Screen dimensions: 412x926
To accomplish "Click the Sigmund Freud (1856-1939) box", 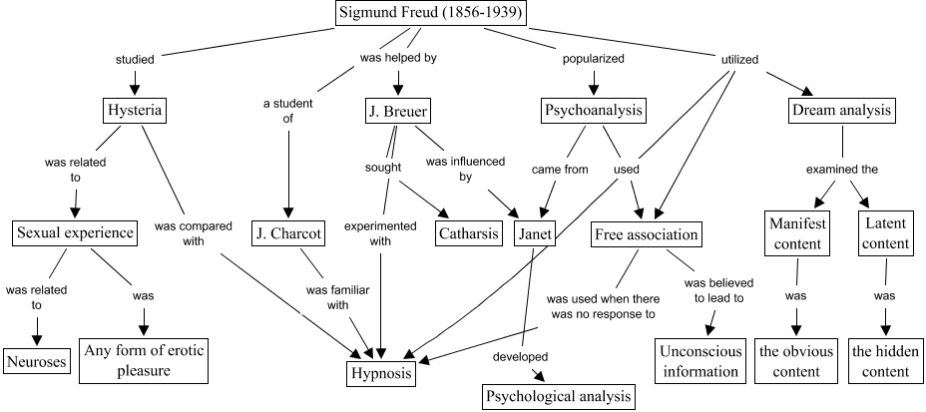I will [x=430, y=14].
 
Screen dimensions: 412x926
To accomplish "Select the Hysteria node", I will [x=135, y=110].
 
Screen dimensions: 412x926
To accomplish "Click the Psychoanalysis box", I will [x=593, y=110].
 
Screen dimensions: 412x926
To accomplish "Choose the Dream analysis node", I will [x=839, y=110].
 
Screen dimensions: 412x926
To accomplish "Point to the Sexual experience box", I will [x=74, y=233].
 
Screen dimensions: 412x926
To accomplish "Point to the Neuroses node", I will [x=37, y=360].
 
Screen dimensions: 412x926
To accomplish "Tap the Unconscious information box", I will [x=697, y=361].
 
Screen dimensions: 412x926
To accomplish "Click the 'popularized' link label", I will [x=595, y=59].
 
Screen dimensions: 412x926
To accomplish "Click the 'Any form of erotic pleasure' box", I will [x=143, y=361].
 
